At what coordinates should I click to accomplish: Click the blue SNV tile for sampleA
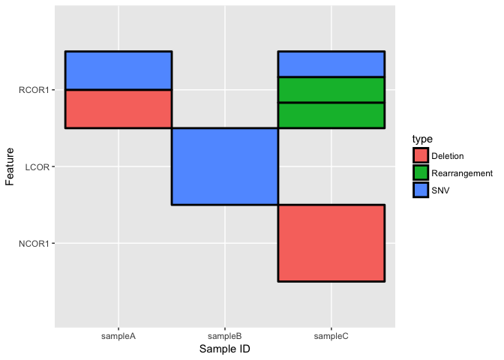pyautogui.click(x=118, y=70)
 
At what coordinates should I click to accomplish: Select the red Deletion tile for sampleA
pyautogui.click(x=118, y=109)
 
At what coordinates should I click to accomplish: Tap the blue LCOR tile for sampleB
pyautogui.click(x=225, y=166)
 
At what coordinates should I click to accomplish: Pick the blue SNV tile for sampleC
pyautogui.click(x=331, y=64)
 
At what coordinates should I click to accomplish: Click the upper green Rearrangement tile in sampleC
pyautogui.click(x=331, y=89)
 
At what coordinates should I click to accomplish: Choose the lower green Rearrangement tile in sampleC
pyautogui.click(x=331, y=115)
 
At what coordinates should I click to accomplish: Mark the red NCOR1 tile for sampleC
pyautogui.click(x=331, y=242)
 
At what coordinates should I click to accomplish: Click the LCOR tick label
pyautogui.click(x=37, y=166)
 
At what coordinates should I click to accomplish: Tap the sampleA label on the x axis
pyautogui.click(x=118, y=336)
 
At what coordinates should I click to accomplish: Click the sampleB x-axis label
pyautogui.click(x=225, y=336)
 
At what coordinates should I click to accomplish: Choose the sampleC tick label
pyautogui.click(x=331, y=336)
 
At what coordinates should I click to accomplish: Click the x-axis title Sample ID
pyautogui.click(x=225, y=349)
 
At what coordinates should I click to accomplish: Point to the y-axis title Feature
pyautogui.click(x=10, y=166)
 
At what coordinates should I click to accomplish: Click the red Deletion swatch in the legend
pyautogui.click(x=421, y=156)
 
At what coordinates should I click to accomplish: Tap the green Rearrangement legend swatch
pyautogui.click(x=421, y=173)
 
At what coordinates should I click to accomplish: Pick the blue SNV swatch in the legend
pyautogui.click(x=421, y=190)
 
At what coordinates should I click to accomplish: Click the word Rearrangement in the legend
pyautogui.click(x=462, y=173)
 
